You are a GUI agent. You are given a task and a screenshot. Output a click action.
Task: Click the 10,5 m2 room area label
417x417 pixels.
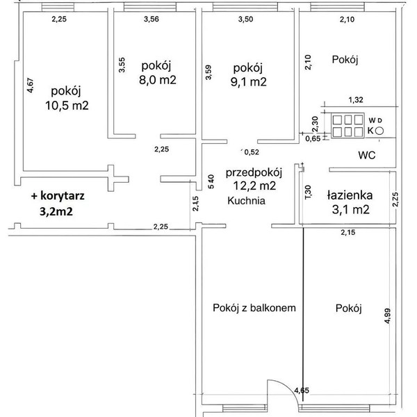coord(67,106)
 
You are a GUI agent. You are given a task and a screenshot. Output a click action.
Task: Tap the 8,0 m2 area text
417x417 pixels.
coord(158,79)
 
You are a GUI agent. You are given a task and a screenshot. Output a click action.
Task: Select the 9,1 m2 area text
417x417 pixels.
coord(248,81)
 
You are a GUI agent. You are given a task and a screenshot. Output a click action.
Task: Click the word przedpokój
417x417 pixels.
coord(254,172)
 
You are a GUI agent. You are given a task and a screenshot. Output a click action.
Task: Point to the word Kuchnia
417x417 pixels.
coord(246,201)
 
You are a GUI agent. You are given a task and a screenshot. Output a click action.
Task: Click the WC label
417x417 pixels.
coord(367,155)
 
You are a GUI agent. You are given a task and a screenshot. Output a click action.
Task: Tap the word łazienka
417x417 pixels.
coord(350,195)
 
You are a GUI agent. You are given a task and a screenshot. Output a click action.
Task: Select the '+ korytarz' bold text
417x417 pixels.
coord(58,196)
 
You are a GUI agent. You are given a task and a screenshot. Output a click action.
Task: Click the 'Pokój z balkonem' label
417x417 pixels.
coord(254,308)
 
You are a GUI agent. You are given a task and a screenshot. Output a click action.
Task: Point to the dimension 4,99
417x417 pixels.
coord(388,316)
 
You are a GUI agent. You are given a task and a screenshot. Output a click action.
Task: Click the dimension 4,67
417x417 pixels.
coord(31,85)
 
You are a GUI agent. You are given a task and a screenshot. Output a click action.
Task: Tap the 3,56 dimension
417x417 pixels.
coord(152,19)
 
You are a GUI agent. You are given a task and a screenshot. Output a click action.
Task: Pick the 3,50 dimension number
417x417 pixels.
coord(246,19)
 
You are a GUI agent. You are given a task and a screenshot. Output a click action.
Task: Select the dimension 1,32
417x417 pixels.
coord(356,100)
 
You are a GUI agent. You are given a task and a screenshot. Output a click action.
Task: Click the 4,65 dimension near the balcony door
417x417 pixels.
coord(302,391)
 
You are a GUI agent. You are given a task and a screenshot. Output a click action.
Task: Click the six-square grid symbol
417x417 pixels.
coord(348,126)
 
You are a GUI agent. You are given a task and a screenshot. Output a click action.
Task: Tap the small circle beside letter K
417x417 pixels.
coord(380,131)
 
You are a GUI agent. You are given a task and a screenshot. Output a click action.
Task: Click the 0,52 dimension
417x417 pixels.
coord(252,152)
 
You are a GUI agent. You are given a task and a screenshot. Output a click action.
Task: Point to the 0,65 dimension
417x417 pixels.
coord(313,138)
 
